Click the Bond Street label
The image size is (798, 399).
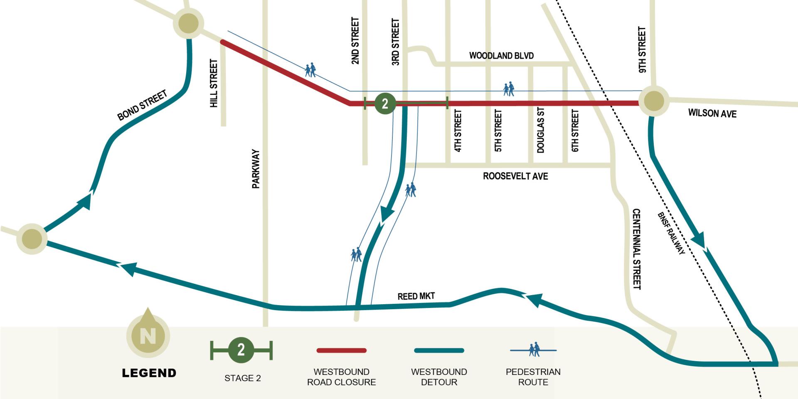coord(142,105)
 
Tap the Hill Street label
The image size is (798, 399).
coord(214,83)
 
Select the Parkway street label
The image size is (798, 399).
coord(256,169)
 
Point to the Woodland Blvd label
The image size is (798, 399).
coord(501,56)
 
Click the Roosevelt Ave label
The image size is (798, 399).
coord(515,176)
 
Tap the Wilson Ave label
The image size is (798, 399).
coord(712,113)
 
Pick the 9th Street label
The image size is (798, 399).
coord(642,50)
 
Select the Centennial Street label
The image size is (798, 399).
coord(636,249)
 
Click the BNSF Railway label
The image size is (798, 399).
coord(671,233)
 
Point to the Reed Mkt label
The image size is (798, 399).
coord(416,296)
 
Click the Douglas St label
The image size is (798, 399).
coord(540,130)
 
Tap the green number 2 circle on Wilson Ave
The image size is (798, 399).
coord(385,103)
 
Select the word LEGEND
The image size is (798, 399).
coord(149,373)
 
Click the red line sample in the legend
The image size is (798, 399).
coord(341,350)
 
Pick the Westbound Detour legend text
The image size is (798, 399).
coord(439,377)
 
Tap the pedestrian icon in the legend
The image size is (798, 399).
coord(534,350)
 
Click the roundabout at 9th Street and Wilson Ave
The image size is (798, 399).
coord(654,101)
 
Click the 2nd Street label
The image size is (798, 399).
coord(355,41)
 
